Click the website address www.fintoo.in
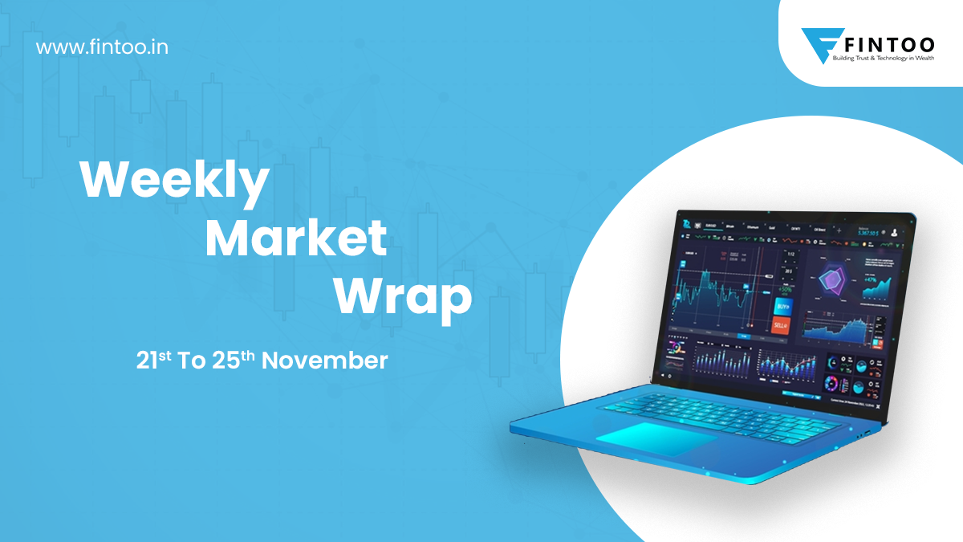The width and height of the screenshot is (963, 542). pos(102,47)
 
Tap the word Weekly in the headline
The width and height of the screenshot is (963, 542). pos(174,182)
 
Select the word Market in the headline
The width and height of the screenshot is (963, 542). pos(296,239)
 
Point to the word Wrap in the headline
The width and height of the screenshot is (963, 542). pos(403,296)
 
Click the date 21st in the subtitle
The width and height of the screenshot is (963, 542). pos(154,361)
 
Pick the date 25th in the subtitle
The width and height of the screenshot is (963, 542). pos(234,361)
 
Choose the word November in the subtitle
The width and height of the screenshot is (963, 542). pos(324,361)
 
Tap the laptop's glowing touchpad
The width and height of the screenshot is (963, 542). pos(657,437)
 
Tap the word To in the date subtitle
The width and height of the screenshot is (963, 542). pos(193,361)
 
